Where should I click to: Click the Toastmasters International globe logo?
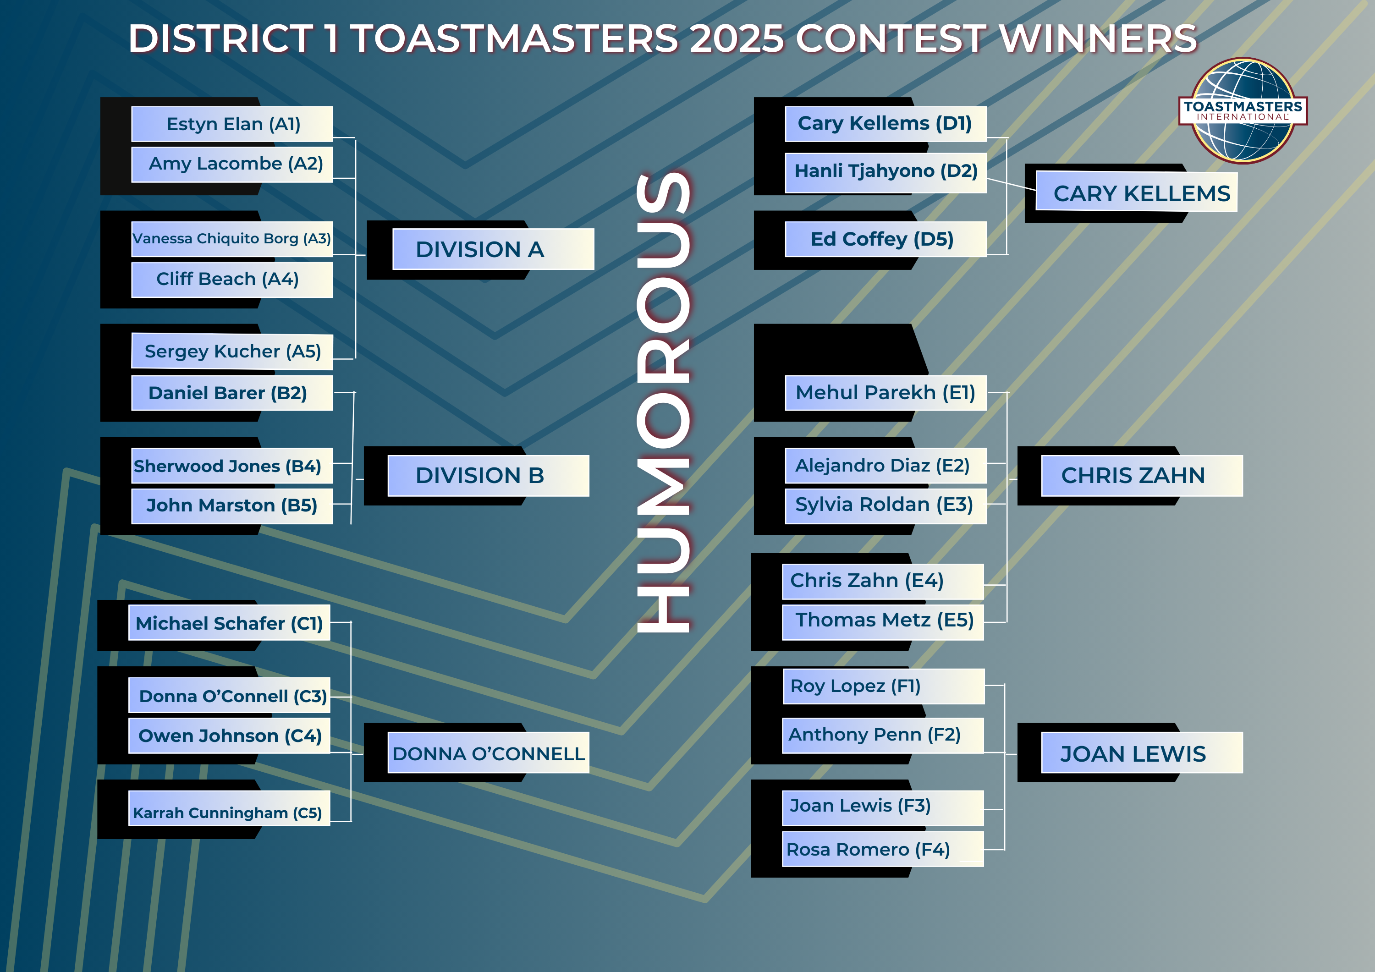[x=1243, y=111]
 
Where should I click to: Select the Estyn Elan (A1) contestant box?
[x=232, y=124]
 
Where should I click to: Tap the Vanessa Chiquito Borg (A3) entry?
[x=232, y=239]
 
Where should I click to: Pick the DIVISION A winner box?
[x=493, y=249]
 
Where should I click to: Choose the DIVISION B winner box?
[x=488, y=476]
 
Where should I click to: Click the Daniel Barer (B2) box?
[x=232, y=393]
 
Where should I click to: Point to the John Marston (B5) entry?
[x=232, y=506]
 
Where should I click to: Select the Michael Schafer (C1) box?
[x=229, y=623]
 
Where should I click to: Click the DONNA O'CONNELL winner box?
[x=488, y=753]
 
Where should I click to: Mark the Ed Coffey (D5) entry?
[x=885, y=239]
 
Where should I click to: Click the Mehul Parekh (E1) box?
[x=885, y=393]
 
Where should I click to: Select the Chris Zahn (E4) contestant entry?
[x=883, y=582]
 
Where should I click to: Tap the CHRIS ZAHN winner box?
[x=1142, y=476]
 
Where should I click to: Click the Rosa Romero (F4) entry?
[x=883, y=849]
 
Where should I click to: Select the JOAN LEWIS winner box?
[x=1142, y=753]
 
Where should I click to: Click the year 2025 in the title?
[x=737, y=38]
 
